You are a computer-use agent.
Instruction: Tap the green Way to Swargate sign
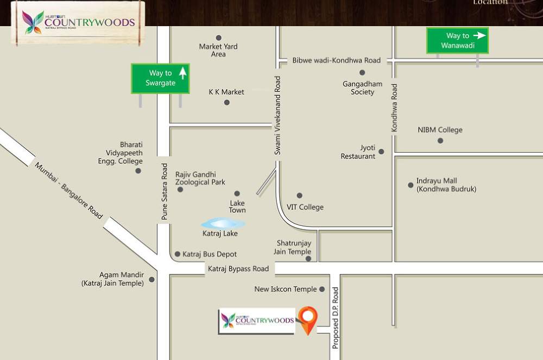click(x=160, y=78)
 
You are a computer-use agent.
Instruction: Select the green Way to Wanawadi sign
click(x=457, y=41)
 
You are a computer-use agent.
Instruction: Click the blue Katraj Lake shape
click(x=223, y=223)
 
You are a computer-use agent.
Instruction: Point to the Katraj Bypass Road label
click(x=238, y=269)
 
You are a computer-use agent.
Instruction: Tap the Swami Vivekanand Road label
click(x=277, y=116)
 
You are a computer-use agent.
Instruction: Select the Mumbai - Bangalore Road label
click(x=69, y=191)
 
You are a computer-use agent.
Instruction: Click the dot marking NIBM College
click(x=440, y=141)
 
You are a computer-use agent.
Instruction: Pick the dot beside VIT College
click(x=299, y=195)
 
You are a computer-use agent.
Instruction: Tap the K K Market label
click(x=226, y=92)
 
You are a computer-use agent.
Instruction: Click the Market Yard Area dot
click(x=219, y=38)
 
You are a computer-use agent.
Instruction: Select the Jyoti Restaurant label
click(x=358, y=152)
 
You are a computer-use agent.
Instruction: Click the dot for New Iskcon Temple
click(x=322, y=289)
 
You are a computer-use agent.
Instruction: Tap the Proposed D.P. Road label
click(x=335, y=318)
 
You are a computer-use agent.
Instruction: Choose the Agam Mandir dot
click(x=151, y=280)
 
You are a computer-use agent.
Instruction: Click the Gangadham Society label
click(x=362, y=88)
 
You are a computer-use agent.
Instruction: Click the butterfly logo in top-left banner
click(x=33, y=22)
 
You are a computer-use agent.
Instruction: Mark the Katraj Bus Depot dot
click(x=178, y=254)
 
